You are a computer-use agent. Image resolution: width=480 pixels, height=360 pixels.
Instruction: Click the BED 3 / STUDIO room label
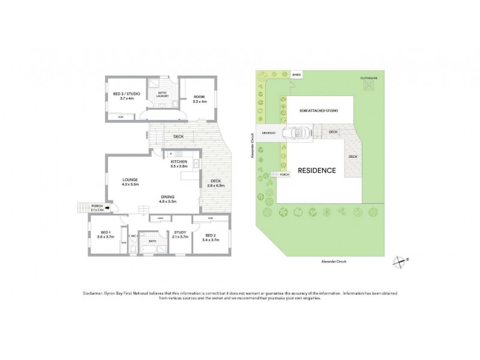(126, 94)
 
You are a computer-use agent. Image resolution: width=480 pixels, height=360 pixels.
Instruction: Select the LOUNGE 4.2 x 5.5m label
(131, 181)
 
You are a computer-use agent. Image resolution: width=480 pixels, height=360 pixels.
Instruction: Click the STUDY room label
(179, 235)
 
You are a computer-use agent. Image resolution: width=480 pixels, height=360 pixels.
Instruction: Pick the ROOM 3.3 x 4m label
(200, 100)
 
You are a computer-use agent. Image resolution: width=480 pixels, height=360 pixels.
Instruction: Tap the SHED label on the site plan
(296, 74)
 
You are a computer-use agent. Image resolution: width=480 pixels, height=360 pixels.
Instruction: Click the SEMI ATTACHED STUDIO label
(319, 111)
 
